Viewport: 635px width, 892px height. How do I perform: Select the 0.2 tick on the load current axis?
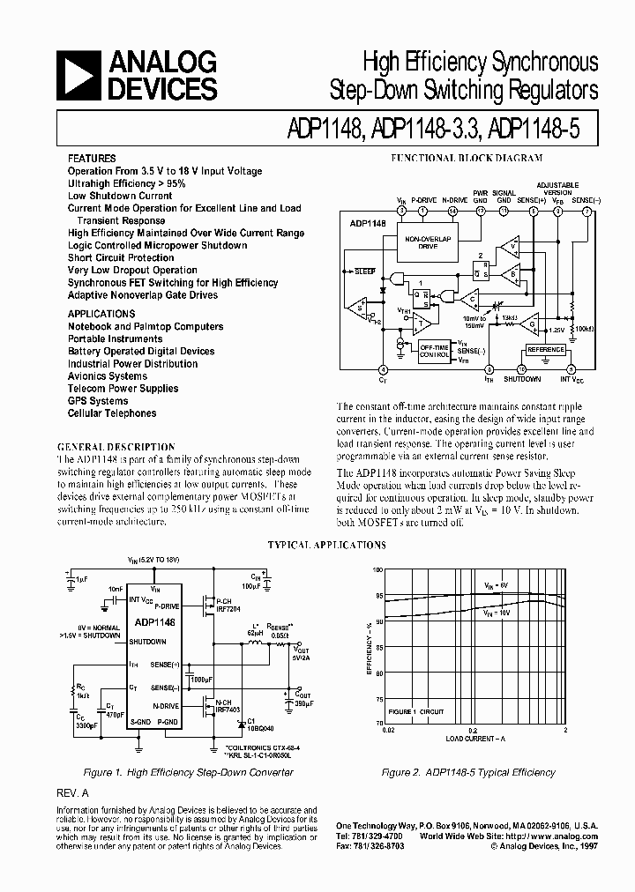point(473,731)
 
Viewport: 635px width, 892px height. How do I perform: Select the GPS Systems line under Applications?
point(98,401)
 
